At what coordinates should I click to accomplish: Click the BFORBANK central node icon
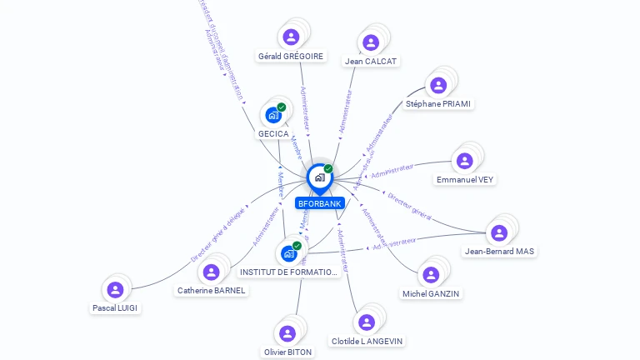(x=319, y=177)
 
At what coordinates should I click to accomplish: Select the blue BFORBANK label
(x=319, y=203)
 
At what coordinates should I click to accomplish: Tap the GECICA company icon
(x=272, y=115)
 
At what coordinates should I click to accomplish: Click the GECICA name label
(x=272, y=134)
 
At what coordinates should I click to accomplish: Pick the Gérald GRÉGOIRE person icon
(x=291, y=37)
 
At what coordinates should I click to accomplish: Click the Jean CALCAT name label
(x=372, y=61)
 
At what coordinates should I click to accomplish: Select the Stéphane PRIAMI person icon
(x=438, y=85)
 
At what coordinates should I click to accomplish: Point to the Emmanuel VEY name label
(x=465, y=179)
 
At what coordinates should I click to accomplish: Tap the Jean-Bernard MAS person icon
(x=499, y=233)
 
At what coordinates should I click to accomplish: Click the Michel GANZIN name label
(x=431, y=293)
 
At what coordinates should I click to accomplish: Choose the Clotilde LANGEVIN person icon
(x=367, y=322)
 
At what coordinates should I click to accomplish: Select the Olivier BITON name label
(x=287, y=352)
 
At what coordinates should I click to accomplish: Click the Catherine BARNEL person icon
(x=211, y=272)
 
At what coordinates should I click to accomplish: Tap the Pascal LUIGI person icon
(x=115, y=290)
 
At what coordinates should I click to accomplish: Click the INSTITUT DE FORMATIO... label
(x=288, y=272)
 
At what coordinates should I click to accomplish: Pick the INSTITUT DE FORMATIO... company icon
(x=288, y=253)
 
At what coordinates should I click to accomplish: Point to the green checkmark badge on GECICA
(x=282, y=107)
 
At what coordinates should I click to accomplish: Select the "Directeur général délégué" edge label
(x=218, y=235)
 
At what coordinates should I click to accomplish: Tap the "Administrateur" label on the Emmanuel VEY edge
(x=392, y=171)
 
